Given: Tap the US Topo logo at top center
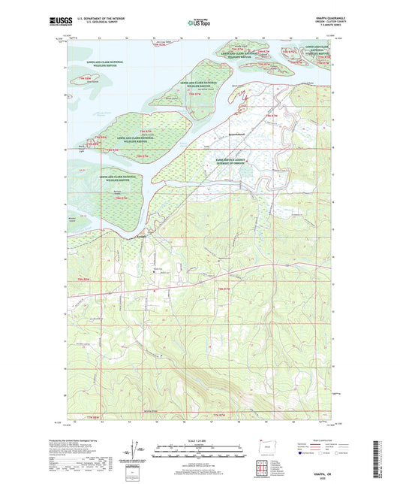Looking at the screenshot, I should [194, 23].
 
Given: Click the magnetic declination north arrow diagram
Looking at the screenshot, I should [140, 452].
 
